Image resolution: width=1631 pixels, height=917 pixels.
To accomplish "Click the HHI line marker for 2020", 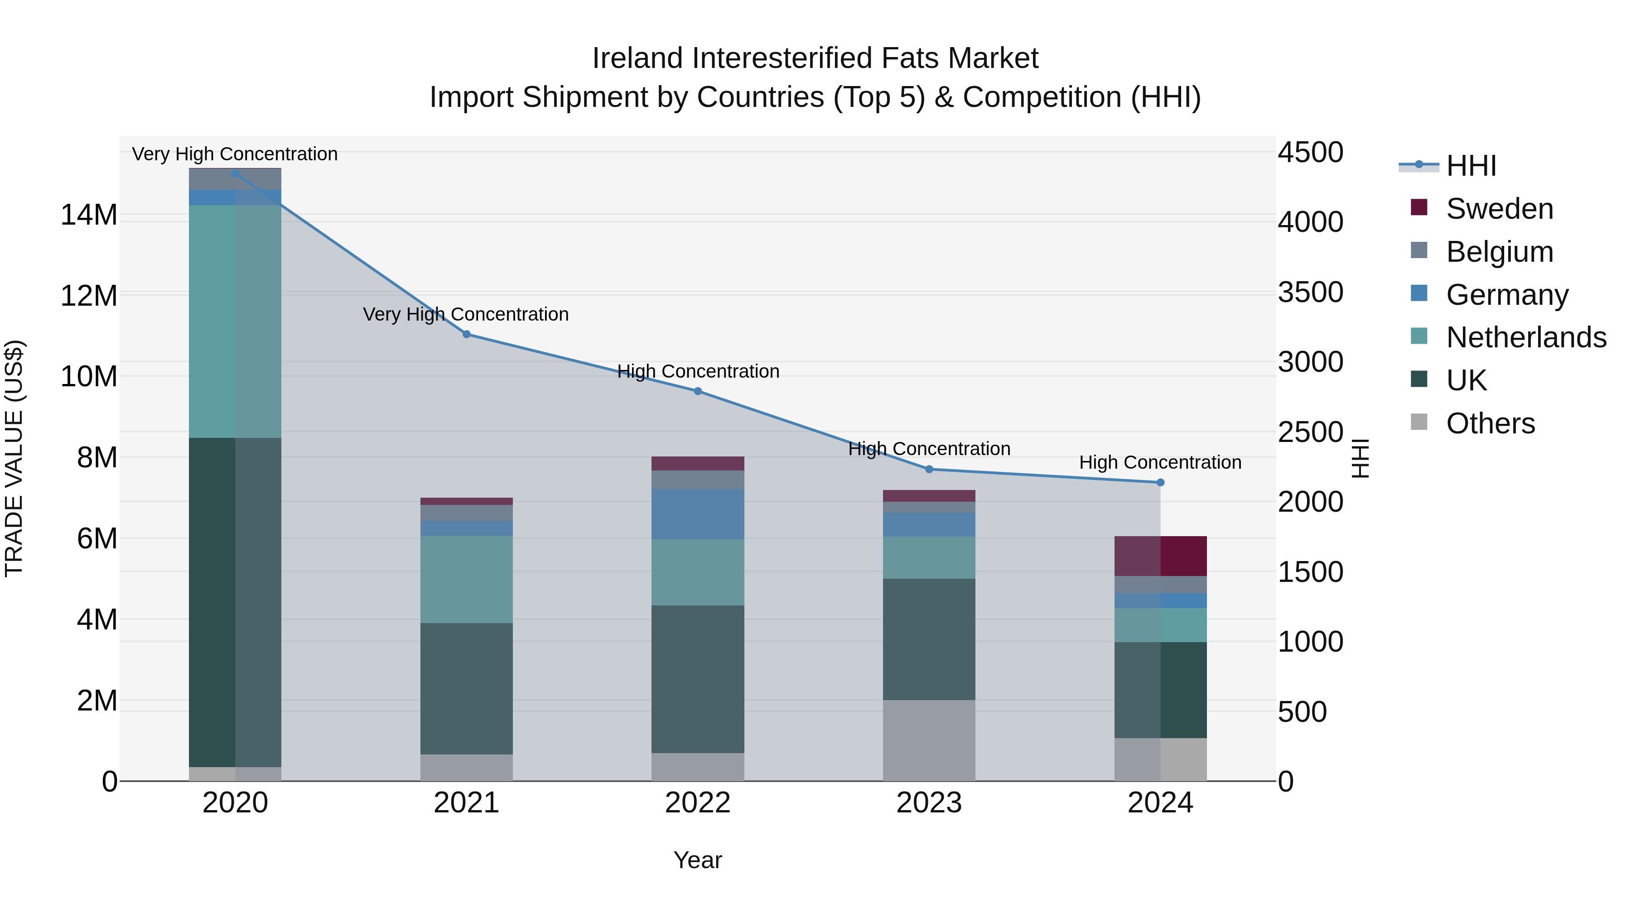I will [236, 173].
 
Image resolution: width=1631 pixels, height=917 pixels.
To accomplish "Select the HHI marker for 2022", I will [698, 391].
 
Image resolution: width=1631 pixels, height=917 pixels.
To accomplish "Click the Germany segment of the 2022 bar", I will [698, 514].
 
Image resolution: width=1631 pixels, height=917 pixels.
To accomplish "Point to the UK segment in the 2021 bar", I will [467, 688].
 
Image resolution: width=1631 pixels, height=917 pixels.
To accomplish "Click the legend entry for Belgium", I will [1499, 252].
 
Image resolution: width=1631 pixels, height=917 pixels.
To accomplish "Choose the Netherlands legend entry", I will [1526, 337].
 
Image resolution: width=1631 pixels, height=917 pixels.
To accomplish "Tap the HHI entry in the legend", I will [1470, 166].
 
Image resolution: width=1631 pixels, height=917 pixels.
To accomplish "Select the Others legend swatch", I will [1419, 422].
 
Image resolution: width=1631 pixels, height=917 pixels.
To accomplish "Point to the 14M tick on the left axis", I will [89, 215].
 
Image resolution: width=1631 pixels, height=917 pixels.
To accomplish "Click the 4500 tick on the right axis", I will [1310, 153].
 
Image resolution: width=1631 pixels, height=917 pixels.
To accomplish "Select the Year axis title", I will [697, 860].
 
